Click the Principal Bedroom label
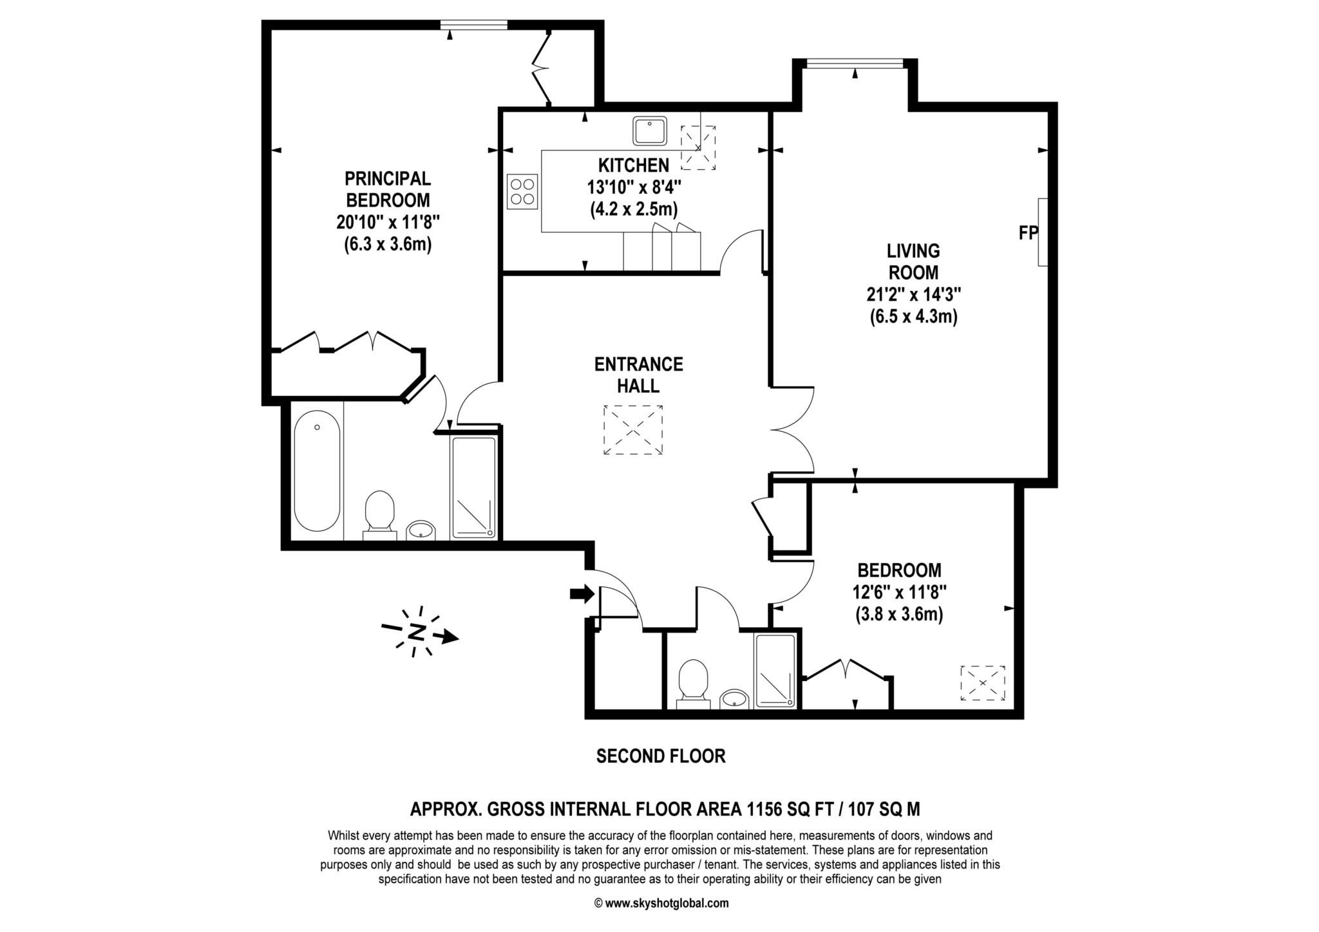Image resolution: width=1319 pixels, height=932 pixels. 387,189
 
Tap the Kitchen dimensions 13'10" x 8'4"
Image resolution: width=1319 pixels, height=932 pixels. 633,187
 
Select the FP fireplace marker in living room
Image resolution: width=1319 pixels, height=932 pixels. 1027,233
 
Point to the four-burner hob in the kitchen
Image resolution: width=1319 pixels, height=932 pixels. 522,191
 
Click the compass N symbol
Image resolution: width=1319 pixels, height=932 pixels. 418,632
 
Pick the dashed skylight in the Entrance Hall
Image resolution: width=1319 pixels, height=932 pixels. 632,430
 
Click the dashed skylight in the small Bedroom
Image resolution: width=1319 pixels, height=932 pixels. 982,683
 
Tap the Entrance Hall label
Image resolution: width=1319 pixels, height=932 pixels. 638,375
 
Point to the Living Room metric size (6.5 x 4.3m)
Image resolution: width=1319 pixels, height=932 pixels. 913,317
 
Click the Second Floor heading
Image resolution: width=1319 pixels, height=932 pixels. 661,756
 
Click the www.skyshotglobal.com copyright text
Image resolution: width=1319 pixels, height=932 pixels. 661,903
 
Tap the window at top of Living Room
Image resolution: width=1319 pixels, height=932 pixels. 855,63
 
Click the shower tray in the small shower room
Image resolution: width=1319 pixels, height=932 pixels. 775,671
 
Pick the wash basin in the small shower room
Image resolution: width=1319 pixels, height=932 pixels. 734,698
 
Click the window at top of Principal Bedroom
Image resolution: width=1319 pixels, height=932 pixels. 473,25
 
